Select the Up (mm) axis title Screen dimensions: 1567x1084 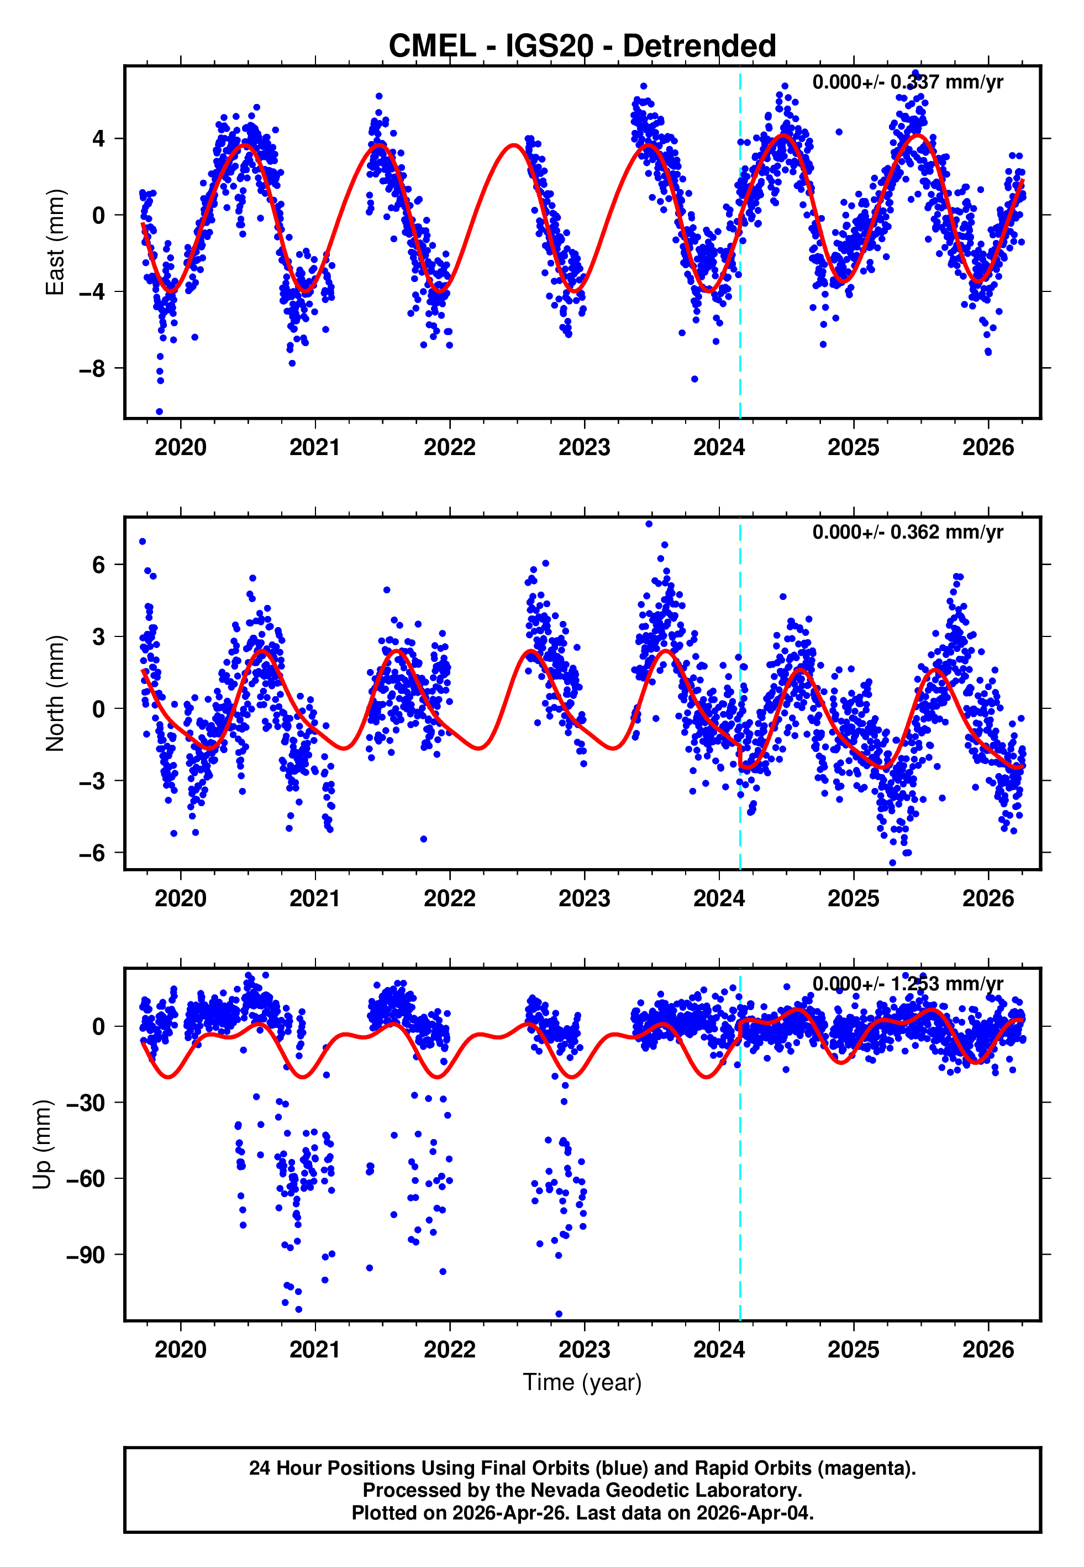(x=42, y=1145)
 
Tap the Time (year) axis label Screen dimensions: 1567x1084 (x=582, y=1381)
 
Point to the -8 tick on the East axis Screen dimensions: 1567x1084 (x=92, y=369)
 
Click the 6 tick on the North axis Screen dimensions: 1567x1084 (x=99, y=565)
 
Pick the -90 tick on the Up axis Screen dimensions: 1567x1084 (x=86, y=1255)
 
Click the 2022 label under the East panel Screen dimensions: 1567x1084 (x=450, y=448)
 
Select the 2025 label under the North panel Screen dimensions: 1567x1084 (x=853, y=899)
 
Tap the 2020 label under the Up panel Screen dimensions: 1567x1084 (x=180, y=1350)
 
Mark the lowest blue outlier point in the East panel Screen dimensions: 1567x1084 (x=160, y=412)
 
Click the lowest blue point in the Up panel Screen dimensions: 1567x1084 (x=559, y=1314)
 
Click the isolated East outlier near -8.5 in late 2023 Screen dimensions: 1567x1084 (x=694, y=379)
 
